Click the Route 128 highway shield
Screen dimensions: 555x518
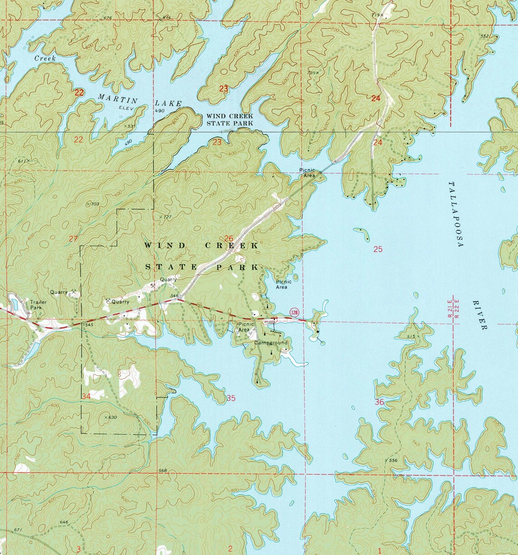[294, 312]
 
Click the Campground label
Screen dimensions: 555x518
[271, 342]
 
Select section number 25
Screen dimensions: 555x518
[378, 249]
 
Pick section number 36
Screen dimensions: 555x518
[379, 402]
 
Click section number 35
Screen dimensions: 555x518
[231, 399]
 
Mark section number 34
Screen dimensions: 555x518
[86, 396]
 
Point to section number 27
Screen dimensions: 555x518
[73, 238]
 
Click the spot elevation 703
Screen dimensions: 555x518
[94, 204]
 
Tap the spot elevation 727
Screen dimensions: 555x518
[166, 217]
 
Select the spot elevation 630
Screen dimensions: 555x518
[111, 417]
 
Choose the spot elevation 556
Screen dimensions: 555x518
[393, 460]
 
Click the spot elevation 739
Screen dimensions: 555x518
[312, 72]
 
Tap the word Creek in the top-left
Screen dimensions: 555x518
[45, 59]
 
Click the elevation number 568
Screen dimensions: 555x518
[163, 470]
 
